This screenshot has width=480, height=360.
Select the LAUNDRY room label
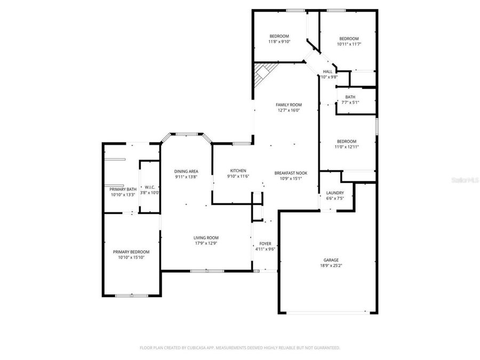tap(335, 193)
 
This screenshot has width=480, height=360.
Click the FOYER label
tap(265, 243)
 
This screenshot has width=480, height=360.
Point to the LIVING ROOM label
tap(205, 238)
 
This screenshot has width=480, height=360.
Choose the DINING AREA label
tap(186, 171)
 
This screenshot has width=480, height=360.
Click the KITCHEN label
tap(238, 171)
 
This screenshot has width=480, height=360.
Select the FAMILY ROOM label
tap(289, 105)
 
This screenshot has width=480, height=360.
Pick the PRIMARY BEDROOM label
tap(131, 252)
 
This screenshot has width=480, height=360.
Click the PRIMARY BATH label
tap(123, 189)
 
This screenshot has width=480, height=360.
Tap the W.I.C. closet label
tap(149, 187)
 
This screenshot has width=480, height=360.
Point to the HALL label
tap(327, 71)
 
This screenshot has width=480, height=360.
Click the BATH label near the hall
tap(350, 97)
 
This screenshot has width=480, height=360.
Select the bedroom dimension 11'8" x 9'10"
tap(279, 42)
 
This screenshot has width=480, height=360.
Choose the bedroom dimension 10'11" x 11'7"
tap(349, 44)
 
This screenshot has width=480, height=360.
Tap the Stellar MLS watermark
tap(465, 180)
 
